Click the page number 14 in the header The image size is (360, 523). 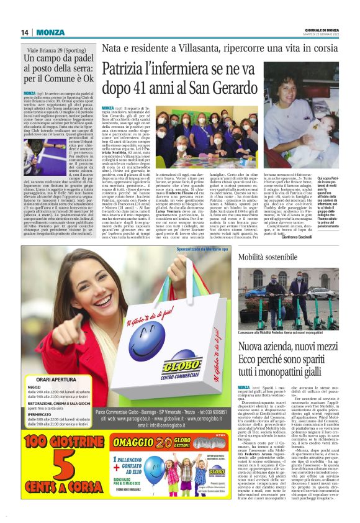tap(25, 32)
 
